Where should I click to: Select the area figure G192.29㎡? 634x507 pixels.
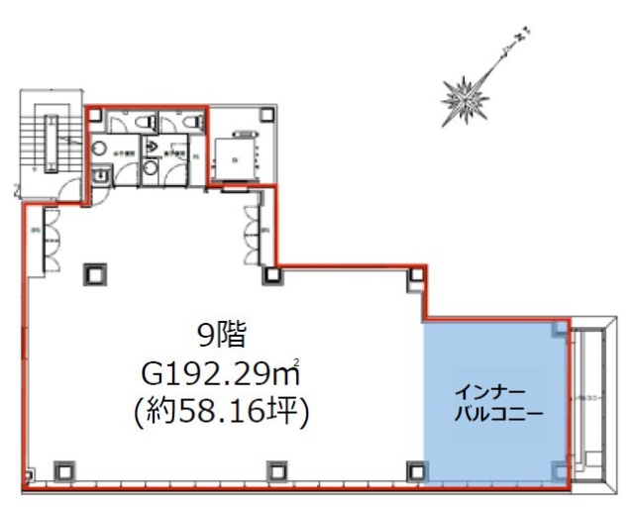(x=221, y=375)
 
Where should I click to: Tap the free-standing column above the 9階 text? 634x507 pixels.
(x=97, y=274)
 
